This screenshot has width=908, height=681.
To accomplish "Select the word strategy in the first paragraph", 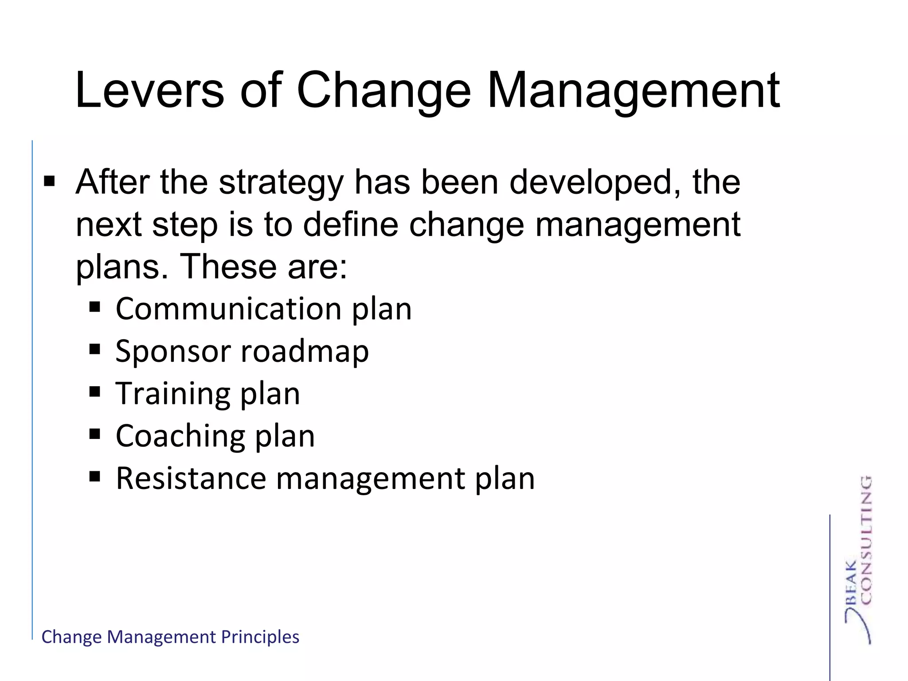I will coord(281,182).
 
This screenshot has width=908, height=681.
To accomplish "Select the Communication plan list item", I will coord(263,309).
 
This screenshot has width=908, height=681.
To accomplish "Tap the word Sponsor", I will coord(173,351).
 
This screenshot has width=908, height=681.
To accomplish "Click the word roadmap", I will coord(305,351).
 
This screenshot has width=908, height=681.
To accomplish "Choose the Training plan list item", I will coord(207,393).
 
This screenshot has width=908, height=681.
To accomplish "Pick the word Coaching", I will coord(180,436).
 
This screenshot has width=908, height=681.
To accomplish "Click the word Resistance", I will coord(191,478).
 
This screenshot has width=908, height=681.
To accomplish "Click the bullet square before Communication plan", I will coord(95,307).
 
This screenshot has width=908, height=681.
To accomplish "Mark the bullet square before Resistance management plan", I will coord(95,477).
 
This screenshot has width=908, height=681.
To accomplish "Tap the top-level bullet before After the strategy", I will coord(49,181).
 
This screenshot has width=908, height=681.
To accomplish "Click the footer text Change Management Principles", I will coord(170,637).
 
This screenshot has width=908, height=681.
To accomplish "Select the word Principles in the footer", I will coord(260,637).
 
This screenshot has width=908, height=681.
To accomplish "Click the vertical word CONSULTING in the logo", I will coord(866,540).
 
